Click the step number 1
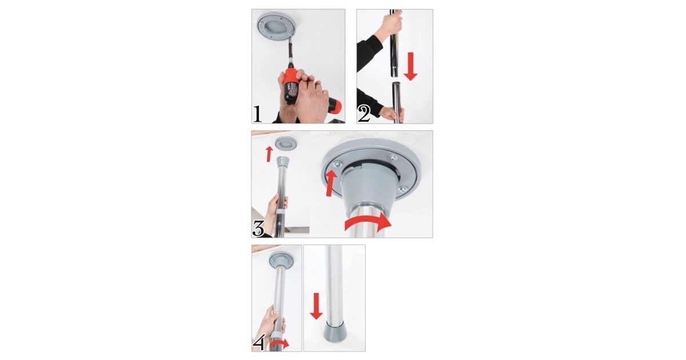click(x=257, y=114)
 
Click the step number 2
click(x=364, y=114)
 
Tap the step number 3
click(x=258, y=229)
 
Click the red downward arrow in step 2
click(x=410, y=66)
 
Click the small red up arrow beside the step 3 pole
click(x=269, y=154)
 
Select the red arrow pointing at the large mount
click(x=330, y=183)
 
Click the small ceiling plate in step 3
click(x=286, y=143)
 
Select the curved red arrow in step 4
click(x=280, y=343)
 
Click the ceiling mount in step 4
click(x=281, y=260)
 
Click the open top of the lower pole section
click(x=397, y=83)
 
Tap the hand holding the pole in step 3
click(x=275, y=214)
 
